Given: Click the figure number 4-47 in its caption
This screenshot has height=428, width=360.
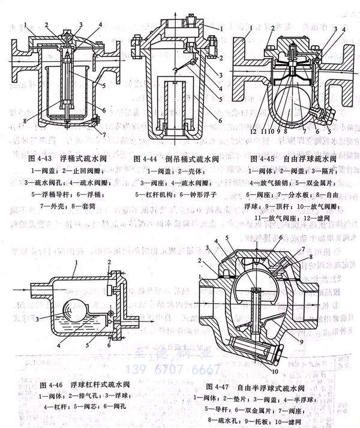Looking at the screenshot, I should (x=221, y=386).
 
